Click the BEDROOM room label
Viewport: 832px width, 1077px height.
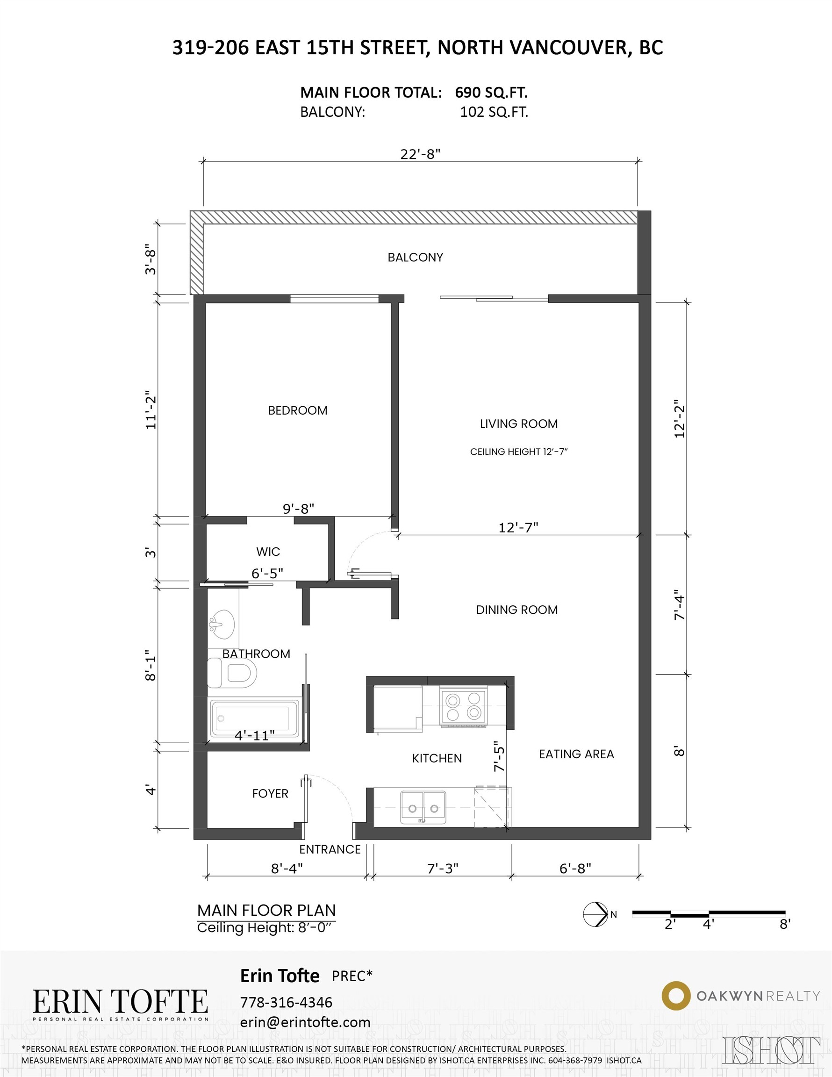coord(297,410)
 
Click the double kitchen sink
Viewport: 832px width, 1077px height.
coord(423,808)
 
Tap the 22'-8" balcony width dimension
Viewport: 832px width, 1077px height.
coord(420,154)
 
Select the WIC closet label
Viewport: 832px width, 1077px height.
coord(268,551)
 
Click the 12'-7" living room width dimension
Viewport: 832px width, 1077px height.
coord(518,528)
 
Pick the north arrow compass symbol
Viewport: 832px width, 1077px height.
coord(595,914)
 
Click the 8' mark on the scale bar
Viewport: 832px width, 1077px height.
coord(785,924)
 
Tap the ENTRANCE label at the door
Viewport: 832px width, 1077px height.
coord(330,849)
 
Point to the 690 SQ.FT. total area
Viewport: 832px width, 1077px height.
coord(491,92)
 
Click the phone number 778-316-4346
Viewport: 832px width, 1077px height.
coord(286,1002)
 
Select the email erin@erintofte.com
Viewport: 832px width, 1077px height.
coord(305,1022)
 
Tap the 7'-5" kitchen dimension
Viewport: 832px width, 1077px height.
coord(500,756)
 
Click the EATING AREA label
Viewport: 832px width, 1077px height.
coord(576,754)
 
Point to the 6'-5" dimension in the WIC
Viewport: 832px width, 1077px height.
coord(267,573)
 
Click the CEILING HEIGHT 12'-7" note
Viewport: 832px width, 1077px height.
coord(519,452)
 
